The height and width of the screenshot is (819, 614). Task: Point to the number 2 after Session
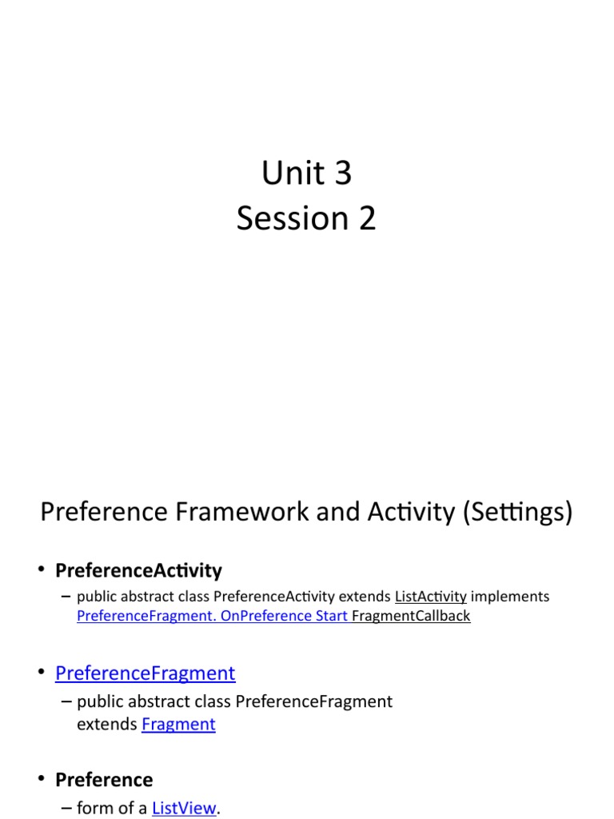pyautogui.click(x=366, y=218)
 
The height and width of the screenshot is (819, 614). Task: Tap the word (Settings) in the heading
pyautogui.click(x=517, y=512)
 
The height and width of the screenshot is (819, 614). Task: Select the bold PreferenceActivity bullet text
pyautogui.click(x=138, y=571)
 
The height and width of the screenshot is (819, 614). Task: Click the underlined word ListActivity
pyautogui.click(x=430, y=597)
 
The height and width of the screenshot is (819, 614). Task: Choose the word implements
pyautogui.click(x=510, y=597)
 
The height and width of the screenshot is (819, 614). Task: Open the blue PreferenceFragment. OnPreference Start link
pyautogui.click(x=212, y=616)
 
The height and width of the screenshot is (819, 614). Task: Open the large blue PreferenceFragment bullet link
pyautogui.click(x=145, y=673)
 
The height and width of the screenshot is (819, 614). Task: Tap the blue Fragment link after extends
pyautogui.click(x=178, y=725)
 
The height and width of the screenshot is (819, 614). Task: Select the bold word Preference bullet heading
pyautogui.click(x=103, y=780)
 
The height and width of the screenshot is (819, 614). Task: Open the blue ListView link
pyautogui.click(x=184, y=809)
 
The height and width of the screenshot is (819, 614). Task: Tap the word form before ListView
pyautogui.click(x=94, y=809)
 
